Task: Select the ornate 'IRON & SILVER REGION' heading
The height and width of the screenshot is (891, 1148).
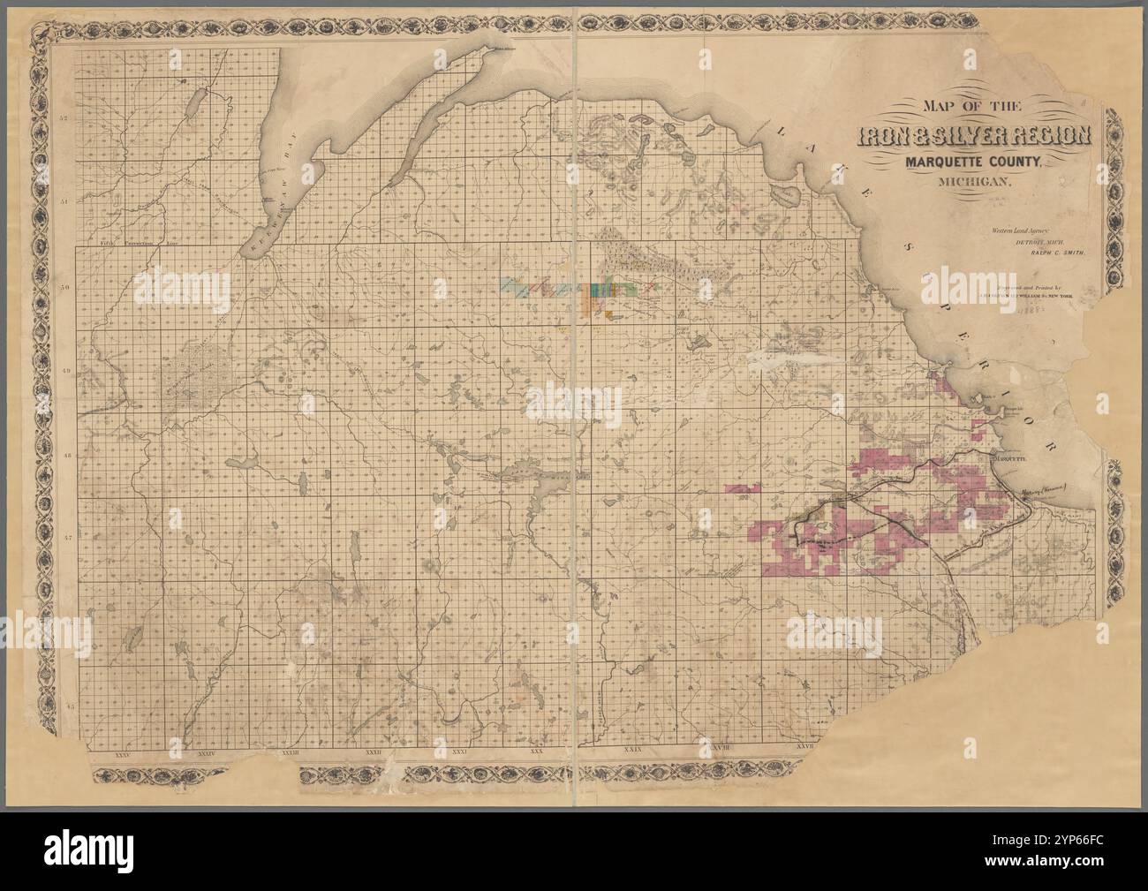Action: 978,137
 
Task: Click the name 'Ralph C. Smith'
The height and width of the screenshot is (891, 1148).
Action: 1060,252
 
